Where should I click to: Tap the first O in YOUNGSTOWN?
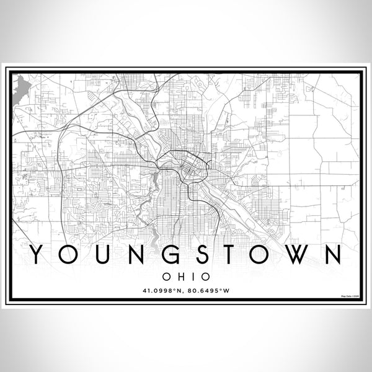tap(68, 254)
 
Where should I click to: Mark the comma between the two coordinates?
tap(184, 291)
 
